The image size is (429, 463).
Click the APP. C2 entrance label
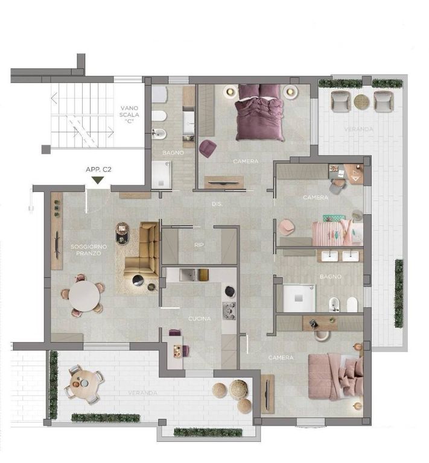98,170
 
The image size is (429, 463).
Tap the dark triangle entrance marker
98,180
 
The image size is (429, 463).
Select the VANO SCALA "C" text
129,115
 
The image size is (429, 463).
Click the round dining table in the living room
84,296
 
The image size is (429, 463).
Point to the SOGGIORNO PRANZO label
89,250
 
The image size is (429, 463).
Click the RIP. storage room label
200,245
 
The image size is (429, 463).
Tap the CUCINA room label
200,318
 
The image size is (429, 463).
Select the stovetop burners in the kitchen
229,310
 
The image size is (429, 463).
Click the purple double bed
260,112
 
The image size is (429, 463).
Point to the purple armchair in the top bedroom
208,148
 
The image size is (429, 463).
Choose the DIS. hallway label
217,204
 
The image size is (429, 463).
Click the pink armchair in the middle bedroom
286,227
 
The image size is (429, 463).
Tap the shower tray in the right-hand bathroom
299,298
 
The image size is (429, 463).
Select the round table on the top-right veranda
361,101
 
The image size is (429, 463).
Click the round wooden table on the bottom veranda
84,383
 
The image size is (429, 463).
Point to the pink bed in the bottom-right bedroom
335,377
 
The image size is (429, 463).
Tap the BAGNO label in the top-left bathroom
173,153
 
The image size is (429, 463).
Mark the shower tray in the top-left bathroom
161,175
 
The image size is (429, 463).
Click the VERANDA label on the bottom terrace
143,393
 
